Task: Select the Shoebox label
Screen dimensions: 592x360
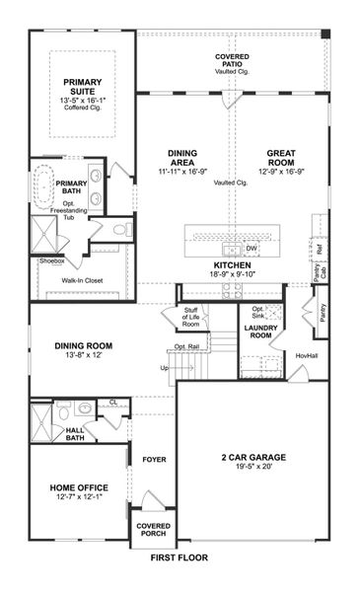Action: pos(51,261)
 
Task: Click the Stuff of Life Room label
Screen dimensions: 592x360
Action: pos(190,317)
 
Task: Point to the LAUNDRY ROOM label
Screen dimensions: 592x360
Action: pos(261,332)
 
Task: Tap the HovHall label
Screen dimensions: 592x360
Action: pos(306,356)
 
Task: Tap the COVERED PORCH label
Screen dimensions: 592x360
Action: pos(153,530)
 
